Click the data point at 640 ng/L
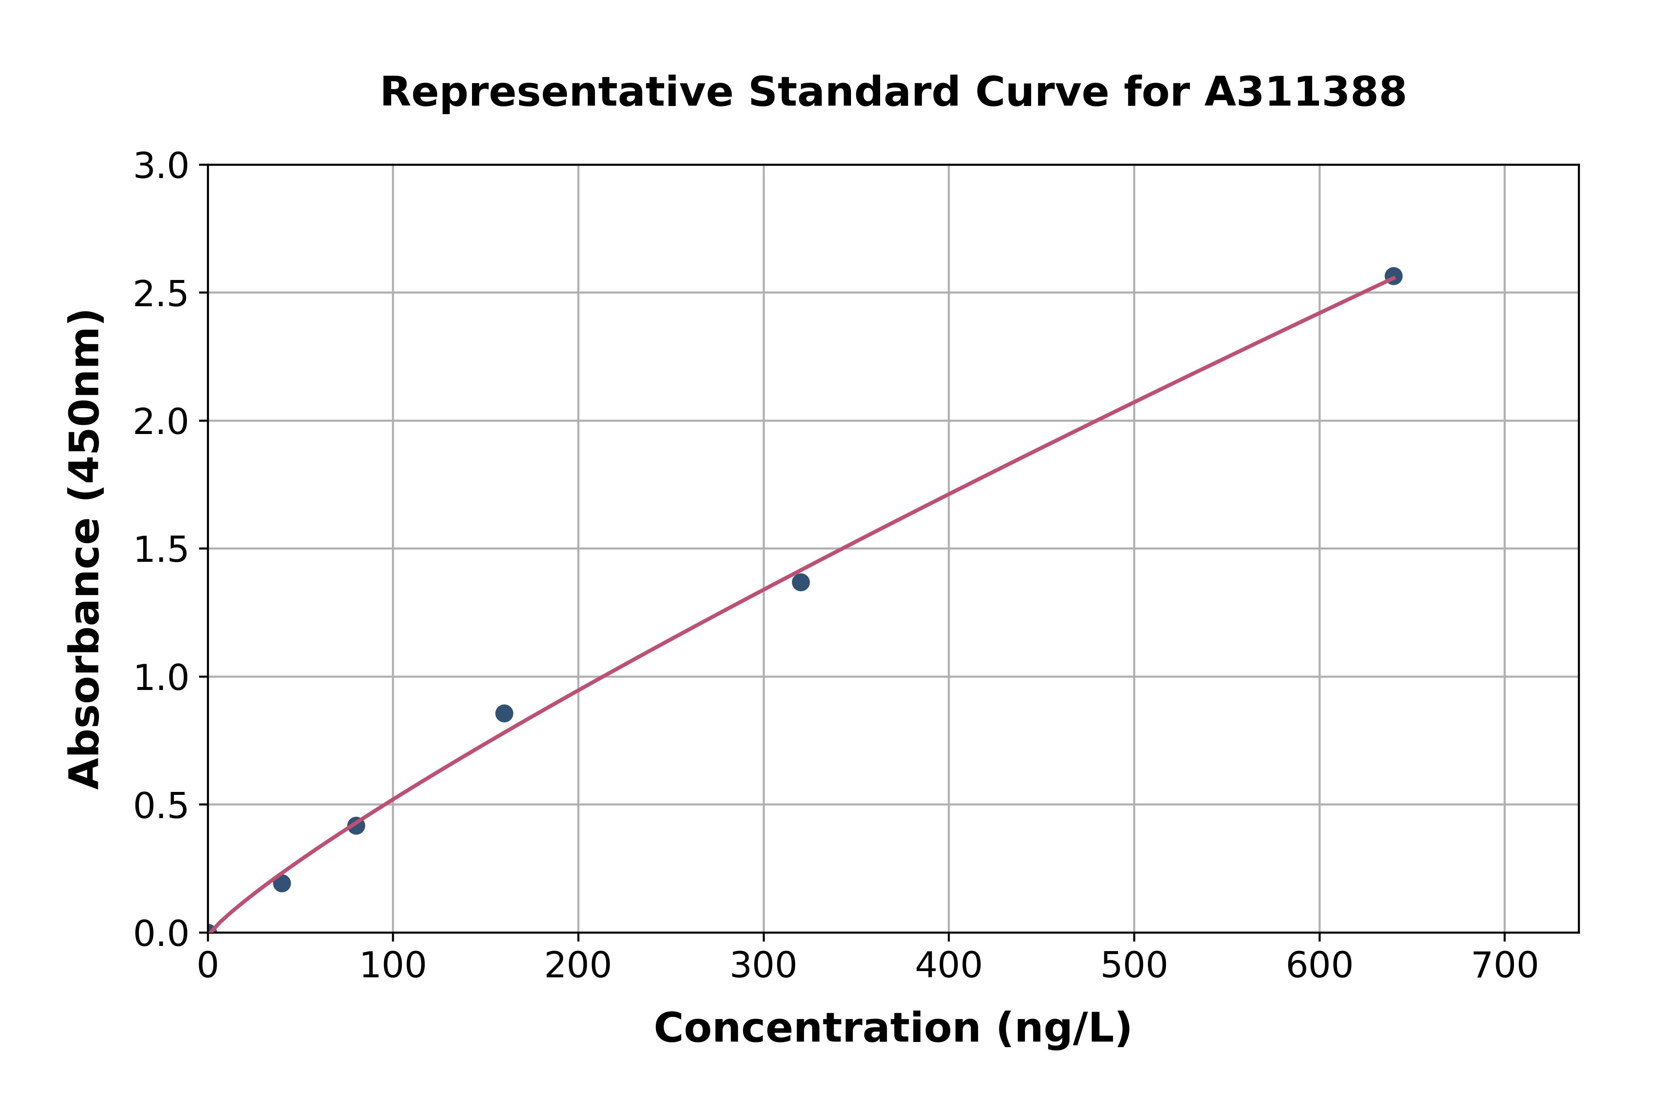1393,276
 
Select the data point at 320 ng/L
800,582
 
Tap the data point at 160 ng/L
504,713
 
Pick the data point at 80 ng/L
356,826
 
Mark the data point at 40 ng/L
282,883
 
